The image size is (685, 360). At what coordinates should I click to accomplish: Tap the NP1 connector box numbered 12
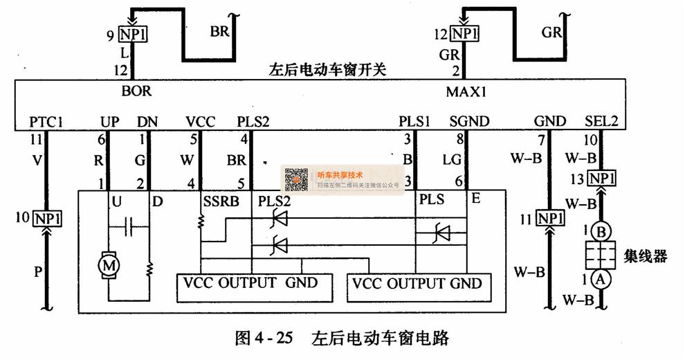[x=465, y=34]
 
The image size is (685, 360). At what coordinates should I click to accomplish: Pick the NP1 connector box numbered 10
[x=46, y=219]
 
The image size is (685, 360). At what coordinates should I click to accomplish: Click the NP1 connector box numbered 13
[x=602, y=179]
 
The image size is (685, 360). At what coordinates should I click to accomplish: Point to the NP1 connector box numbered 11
[x=551, y=219]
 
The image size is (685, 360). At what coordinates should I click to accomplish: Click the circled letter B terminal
[x=601, y=230]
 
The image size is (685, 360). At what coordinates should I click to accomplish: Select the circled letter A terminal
[x=601, y=278]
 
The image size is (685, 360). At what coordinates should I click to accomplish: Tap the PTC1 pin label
[x=46, y=122]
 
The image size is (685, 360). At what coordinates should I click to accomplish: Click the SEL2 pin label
[x=601, y=122]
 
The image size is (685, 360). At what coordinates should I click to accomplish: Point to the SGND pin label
[x=469, y=122]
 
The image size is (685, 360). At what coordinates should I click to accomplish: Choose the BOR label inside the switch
[x=136, y=91]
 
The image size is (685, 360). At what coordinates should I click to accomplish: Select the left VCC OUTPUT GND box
[x=250, y=283]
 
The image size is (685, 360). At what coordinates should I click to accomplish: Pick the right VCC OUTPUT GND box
[x=418, y=284]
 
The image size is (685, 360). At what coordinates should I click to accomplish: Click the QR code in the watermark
[x=297, y=179]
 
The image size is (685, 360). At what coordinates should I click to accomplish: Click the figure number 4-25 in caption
[x=275, y=339]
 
